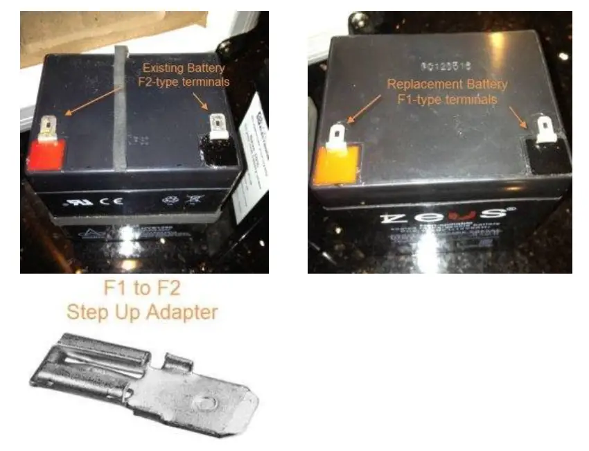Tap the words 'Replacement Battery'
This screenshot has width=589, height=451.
[x=447, y=85]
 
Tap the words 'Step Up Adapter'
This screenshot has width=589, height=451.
[x=141, y=312]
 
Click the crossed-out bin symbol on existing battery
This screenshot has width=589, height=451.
[x=190, y=205]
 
